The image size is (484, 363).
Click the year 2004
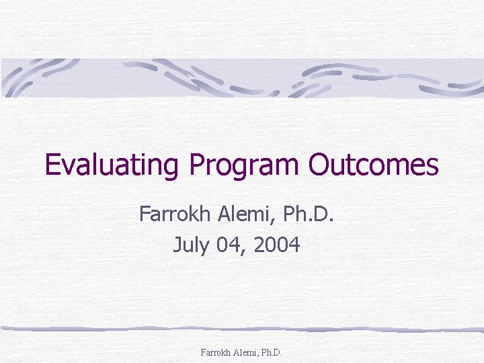[x=275, y=245]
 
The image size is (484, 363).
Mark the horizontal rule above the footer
[x=242, y=329]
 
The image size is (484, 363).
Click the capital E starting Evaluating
[x=52, y=165]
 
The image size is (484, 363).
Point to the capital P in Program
[x=196, y=165]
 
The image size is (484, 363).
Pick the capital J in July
[x=177, y=245]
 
